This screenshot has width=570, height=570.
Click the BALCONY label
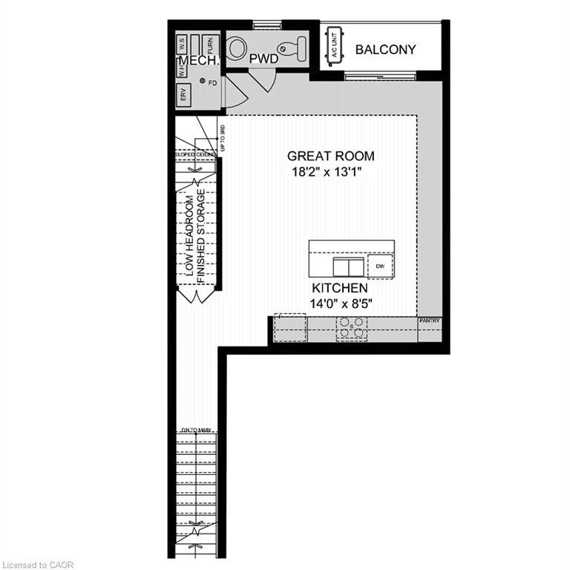point(385,50)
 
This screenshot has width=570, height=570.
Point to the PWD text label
point(263,57)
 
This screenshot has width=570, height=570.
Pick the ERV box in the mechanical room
point(183,94)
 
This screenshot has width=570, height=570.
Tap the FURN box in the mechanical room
point(210,45)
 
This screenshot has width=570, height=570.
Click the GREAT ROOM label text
point(330,156)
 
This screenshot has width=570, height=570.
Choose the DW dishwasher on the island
point(379,266)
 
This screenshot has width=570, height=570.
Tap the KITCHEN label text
point(339,287)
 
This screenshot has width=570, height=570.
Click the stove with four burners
point(351,327)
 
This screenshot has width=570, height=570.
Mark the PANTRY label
point(430,321)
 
